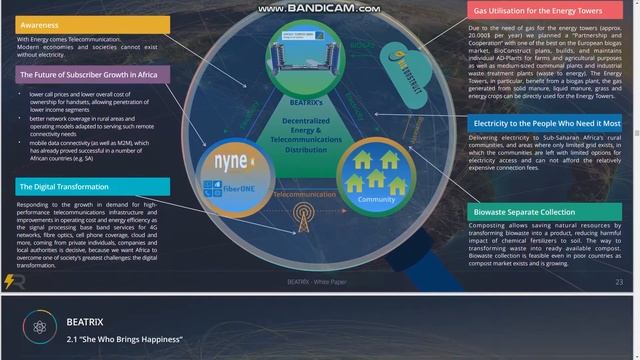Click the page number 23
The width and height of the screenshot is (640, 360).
[619, 283]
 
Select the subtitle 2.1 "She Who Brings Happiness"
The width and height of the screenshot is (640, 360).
[116, 338]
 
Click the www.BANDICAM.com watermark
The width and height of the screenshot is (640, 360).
[319, 8]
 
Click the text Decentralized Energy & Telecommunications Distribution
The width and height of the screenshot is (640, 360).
[309, 134]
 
